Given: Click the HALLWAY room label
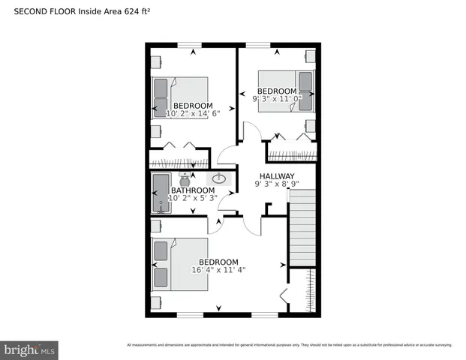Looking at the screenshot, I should click(277, 175).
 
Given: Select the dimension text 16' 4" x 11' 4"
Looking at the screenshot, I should click(218, 270).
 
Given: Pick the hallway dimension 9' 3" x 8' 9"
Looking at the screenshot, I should click(277, 184).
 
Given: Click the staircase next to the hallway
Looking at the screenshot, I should click(302, 228).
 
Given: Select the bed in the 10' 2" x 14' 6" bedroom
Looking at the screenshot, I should click(180, 97).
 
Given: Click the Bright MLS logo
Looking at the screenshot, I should click(30, 349).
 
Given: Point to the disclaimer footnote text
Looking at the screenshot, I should click(289, 345).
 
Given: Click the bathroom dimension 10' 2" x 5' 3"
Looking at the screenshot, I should click(192, 199).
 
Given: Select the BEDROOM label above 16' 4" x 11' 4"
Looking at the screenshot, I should click(218, 262).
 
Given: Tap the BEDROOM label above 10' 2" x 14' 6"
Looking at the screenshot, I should click(193, 106).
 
